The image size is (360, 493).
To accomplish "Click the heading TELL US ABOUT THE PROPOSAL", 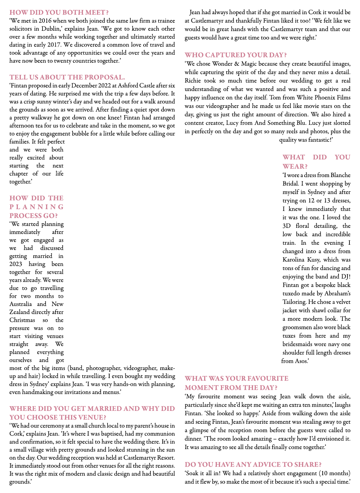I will pyautogui.click(x=67, y=77).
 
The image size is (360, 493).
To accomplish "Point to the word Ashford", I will pyautogui.click(x=128, y=85).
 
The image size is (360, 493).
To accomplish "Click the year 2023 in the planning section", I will pyautogui.click(x=16, y=264).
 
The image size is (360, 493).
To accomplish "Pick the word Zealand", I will pyautogui.click(x=19, y=312).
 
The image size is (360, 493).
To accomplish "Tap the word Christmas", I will pyautogui.click(x=22, y=320).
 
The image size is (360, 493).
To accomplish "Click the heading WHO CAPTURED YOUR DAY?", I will pyautogui.click(x=236, y=55).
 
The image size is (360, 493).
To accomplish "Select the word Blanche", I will pyautogui.click(x=341, y=175).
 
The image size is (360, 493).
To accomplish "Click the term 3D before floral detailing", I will pyautogui.click(x=287, y=226).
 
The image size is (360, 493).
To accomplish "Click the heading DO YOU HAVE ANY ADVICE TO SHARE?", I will pyautogui.click(x=253, y=464).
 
